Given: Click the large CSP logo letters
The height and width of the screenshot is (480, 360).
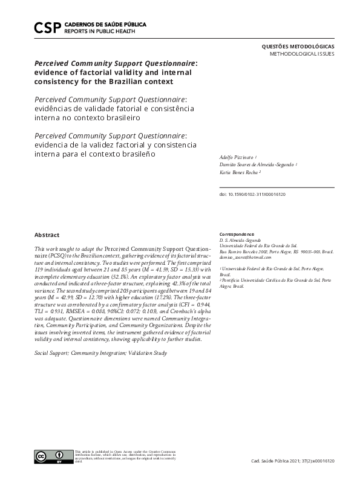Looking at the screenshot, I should (x=47, y=27).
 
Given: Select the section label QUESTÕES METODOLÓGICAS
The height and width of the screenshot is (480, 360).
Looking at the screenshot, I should (x=297, y=47).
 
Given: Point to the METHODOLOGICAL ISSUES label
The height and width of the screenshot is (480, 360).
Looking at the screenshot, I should (x=301, y=54).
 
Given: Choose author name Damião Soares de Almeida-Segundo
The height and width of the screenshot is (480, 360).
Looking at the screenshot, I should (x=257, y=164).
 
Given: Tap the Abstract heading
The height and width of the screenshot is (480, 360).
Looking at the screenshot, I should (x=47, y=235).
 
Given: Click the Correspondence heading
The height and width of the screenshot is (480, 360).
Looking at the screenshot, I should (x=237, y=234).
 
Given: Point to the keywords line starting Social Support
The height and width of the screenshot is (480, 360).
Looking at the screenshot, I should (x=100, y=352).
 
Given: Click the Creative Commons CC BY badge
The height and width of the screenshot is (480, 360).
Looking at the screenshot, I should (x=53, y=457).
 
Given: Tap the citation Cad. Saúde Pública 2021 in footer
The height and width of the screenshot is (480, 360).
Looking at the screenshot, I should (x=292, y=461).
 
